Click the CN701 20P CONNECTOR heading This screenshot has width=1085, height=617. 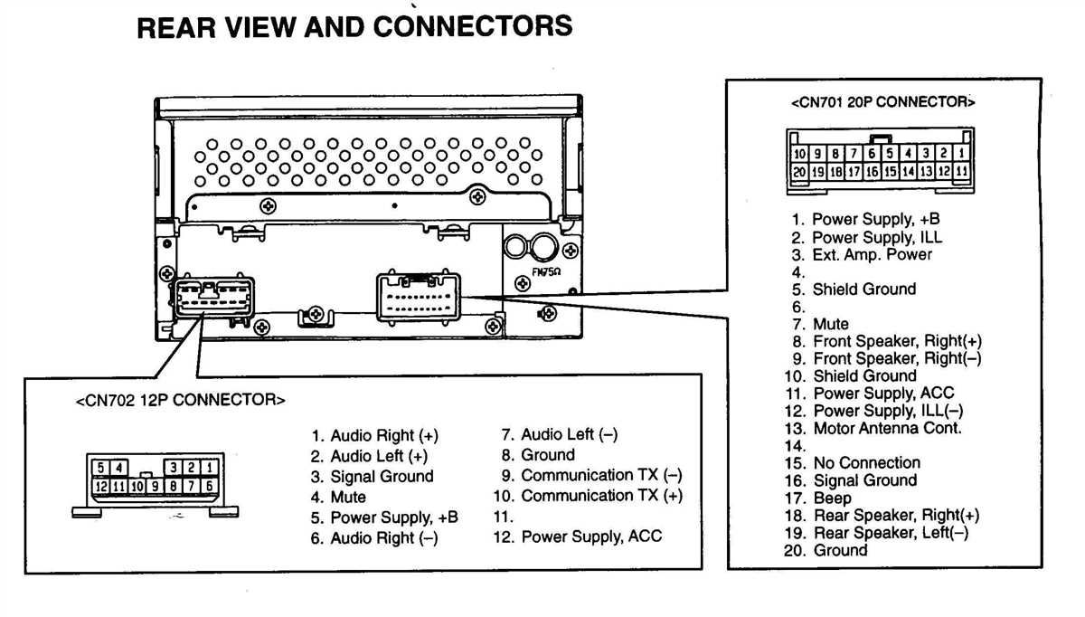coord(882,102)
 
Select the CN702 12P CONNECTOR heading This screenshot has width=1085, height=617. coord(180,400)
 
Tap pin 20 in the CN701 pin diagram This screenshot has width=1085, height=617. coord(799,171)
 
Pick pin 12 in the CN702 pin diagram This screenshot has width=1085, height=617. coord(101,487)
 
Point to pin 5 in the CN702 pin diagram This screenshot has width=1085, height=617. coord(101,468)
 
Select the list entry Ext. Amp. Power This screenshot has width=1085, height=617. coord(871,254)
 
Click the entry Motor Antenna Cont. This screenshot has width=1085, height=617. coord(886,429)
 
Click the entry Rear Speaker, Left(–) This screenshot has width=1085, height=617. coord(890,533)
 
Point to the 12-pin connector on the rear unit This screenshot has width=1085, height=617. coord(216,297)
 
